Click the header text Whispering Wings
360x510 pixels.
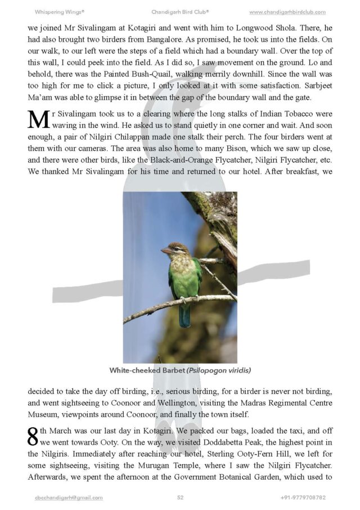pos(60,12)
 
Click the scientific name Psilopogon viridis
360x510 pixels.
pos(217,370)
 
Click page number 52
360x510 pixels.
pos(180,498)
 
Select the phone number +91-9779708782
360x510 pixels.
pos(303,498)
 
